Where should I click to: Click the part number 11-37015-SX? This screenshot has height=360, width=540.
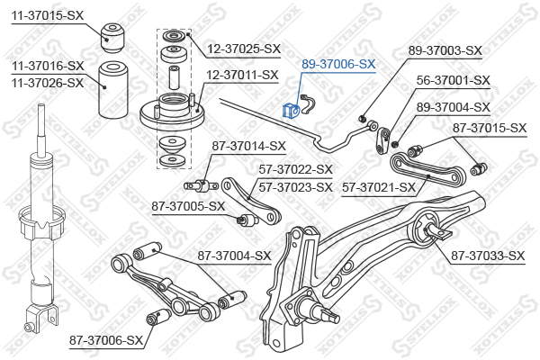pyautogui.click(x=48, y=15)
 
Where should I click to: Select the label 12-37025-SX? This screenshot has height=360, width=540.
pyautogui.click(x=244, y=49)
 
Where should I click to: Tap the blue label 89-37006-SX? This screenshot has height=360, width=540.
pyautogui.click(x=338, y=64)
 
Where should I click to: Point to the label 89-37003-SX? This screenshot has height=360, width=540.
pyautogui.click(x=445, y=50)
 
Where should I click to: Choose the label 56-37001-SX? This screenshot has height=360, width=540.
pyautogui.click(x=454, y=80)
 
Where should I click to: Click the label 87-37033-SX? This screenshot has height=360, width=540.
pyautogui.click(x=488, y=256)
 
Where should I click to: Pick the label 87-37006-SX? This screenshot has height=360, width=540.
pyautogui.click(x=106, y=340)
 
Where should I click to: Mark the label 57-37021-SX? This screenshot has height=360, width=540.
pyautogui.click(x=379, y=188)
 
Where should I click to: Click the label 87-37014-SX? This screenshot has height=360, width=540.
pyautogui.click(x=249, y=146)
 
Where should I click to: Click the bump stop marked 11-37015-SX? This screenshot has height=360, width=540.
pyautogui.click(x=112, y=38)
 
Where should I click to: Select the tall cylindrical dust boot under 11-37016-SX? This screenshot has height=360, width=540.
pyautogui.click(x=113, y=90)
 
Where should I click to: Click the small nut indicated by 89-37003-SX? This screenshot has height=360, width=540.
pyautogui.click(x=362, y=119)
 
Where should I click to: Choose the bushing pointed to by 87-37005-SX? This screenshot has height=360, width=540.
pyautogui.click(x=245, y=219)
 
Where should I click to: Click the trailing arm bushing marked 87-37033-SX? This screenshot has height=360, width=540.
pyautogui.click(x=427, y=230)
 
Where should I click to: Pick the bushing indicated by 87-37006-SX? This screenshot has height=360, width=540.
pyautogui.click(x=158, y=316)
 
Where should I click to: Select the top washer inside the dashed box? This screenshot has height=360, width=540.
pyautogui.click(x=175, y=36)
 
